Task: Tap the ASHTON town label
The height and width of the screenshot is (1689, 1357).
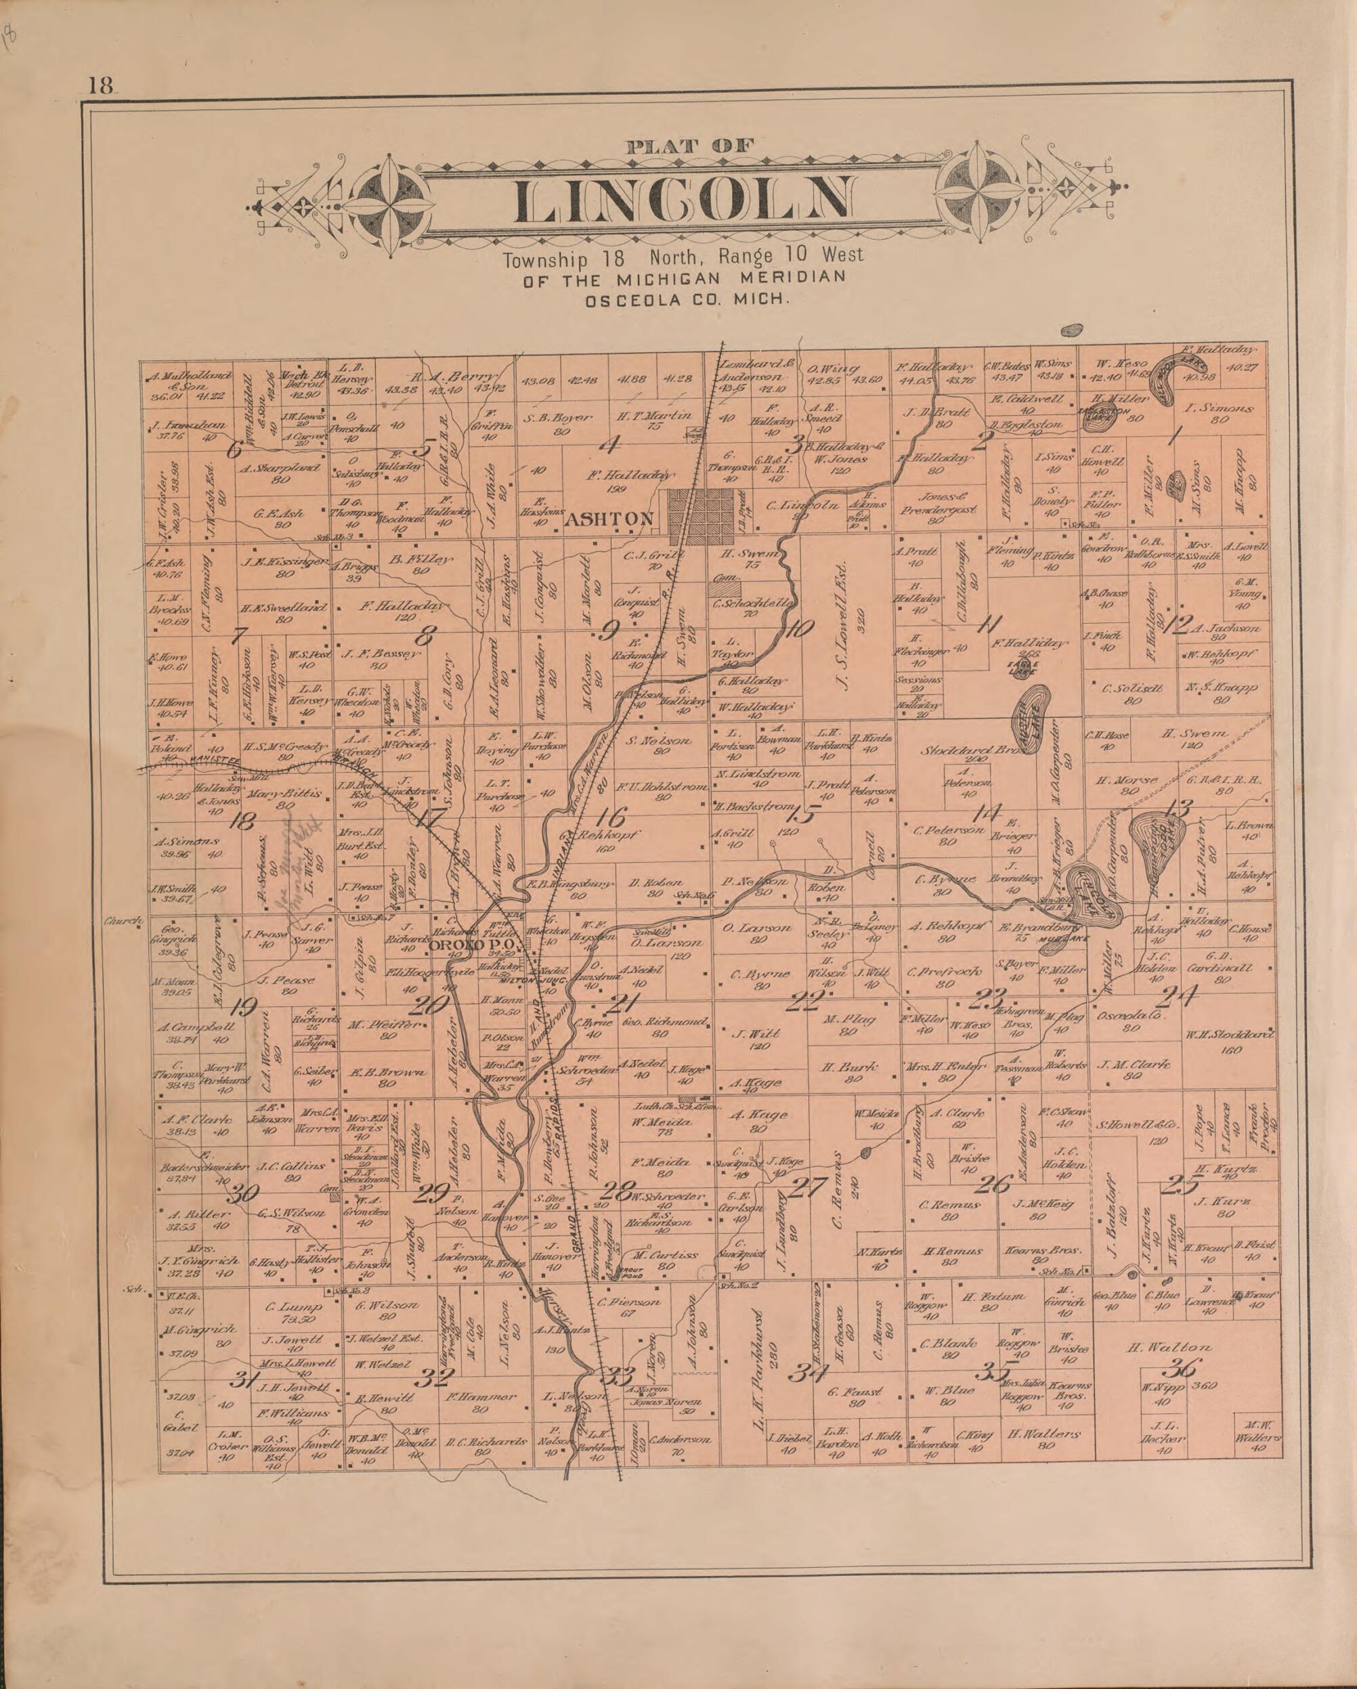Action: click(609, 519)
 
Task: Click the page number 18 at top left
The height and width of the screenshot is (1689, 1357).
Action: click(101, 85)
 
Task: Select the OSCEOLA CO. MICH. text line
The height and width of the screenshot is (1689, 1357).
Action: click(685, 299)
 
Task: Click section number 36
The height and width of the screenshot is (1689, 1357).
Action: click(1182, 1369)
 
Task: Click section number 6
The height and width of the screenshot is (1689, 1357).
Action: click(234, 450)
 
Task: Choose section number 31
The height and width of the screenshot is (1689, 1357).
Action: click(244, 1380)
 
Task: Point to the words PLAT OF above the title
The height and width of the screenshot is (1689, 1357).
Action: click(689, 145)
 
